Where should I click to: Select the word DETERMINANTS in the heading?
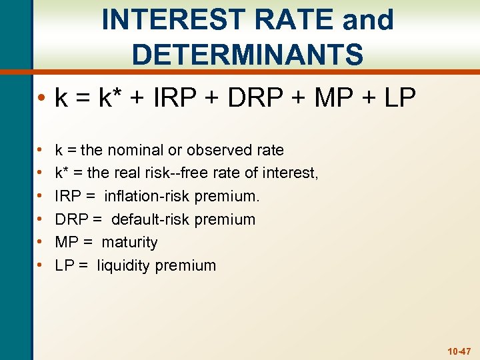click(247, 54)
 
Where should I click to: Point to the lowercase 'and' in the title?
click(368, 20)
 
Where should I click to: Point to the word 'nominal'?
click(145, 150)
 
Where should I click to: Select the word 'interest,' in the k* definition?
click(291, 173)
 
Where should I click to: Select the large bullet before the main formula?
click(41, 100)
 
